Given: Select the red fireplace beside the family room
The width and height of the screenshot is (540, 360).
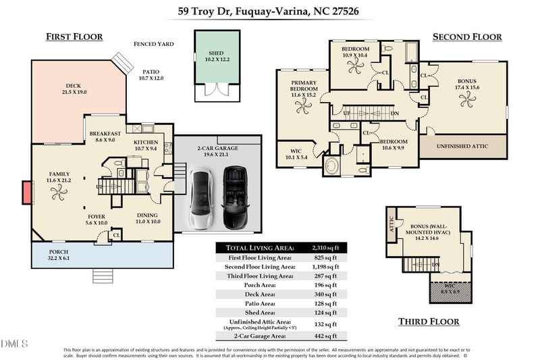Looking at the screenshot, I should [27, 192].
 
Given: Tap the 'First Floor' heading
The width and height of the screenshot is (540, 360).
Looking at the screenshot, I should [74, 36].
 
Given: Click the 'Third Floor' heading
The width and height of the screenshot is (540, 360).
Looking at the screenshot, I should [429, 322].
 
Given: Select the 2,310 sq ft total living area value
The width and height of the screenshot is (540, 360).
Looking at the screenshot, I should [326, 248].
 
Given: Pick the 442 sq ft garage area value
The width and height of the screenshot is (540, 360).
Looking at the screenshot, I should [326, 336].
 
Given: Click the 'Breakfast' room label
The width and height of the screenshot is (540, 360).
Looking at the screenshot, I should [105, 134].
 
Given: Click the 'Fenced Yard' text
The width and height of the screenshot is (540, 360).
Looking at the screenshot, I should [153, 44].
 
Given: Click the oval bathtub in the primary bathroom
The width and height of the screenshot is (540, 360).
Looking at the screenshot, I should [333, 165].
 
